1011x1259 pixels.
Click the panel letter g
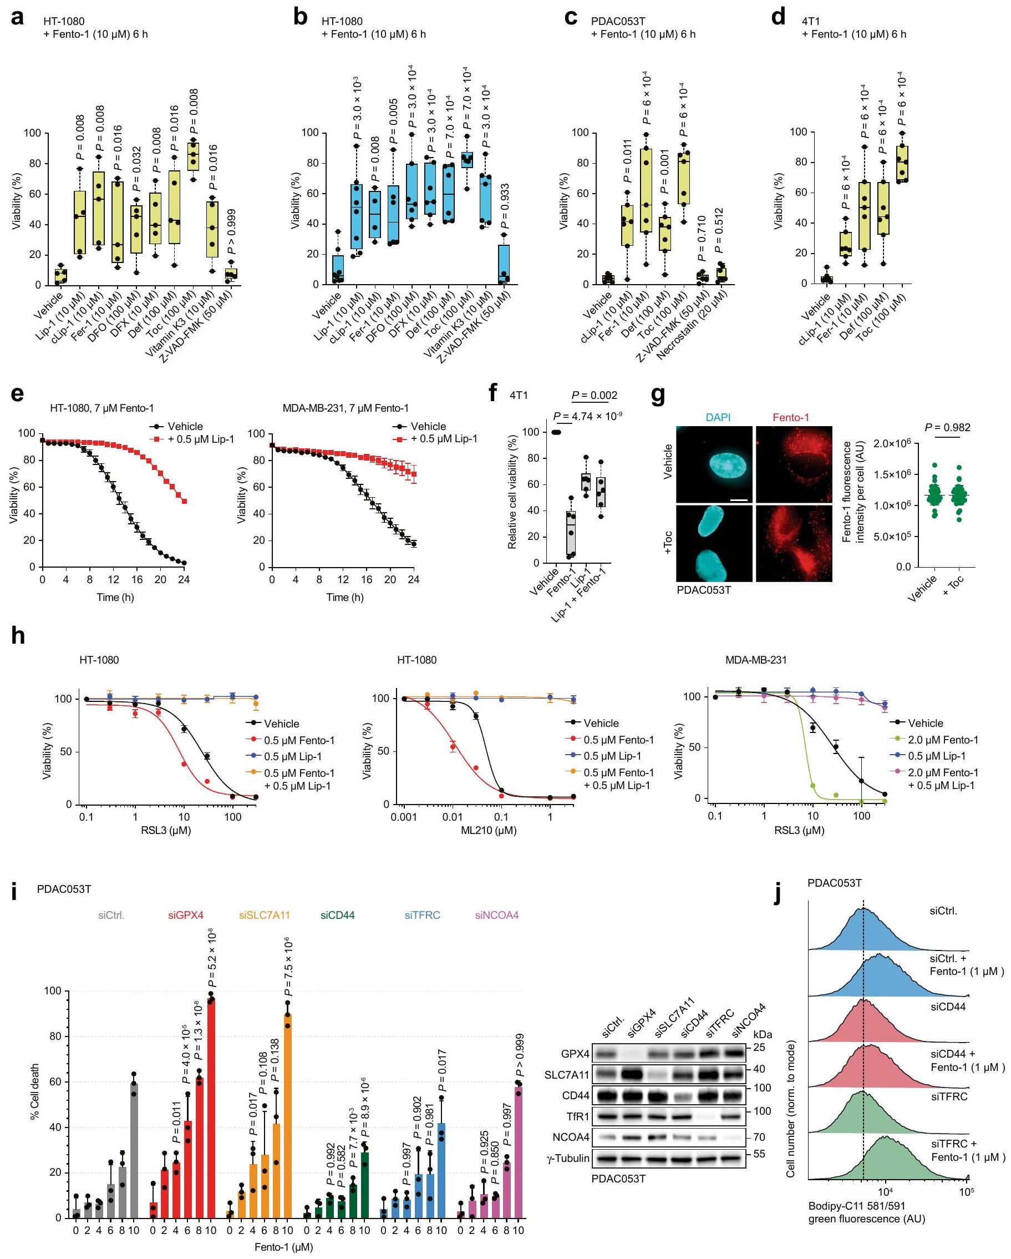pyautogui.click(x=657, y=397)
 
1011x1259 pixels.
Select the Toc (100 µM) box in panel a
pyautogui.click(x=192, y=156)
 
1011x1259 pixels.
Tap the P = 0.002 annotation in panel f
pyautogui.click(x=594, y=395)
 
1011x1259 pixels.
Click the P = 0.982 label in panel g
pyautogui.click(x=947, y=427)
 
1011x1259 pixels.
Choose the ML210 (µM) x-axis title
pyautogui.click(x=491, y=830)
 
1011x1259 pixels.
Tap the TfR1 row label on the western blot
pyautogui.click(x=577, y=1116)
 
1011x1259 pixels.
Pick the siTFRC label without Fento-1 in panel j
pyautogui.click(x=949, y=1096)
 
